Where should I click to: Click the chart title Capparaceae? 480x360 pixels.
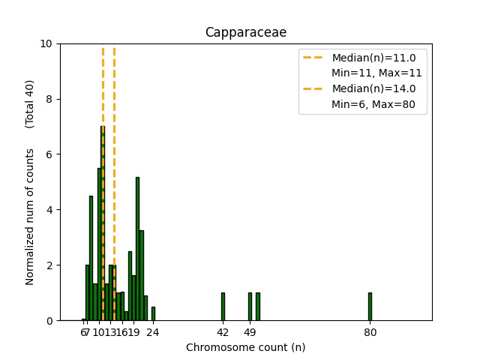[246, 32]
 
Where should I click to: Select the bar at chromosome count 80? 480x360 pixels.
[370, 307]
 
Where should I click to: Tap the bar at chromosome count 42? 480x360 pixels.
[223, 307]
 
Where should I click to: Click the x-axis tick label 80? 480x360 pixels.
[370, 332]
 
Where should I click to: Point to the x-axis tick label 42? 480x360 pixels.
[223, 332]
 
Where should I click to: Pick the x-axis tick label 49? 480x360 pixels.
[250, 332]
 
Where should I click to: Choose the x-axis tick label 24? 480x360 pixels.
[153, 332]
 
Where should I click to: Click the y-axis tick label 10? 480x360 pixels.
[46, 43]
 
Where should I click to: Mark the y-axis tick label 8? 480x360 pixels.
[49, 99]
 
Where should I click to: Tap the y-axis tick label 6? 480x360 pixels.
[49, 154]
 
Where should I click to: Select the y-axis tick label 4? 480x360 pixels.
[49, 210]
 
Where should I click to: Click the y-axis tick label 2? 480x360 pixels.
[49, 265]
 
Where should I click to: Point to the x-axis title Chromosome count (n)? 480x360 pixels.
[246, 347]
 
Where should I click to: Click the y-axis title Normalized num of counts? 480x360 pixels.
[30, 216]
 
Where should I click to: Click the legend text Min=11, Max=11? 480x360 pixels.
[376, 73]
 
